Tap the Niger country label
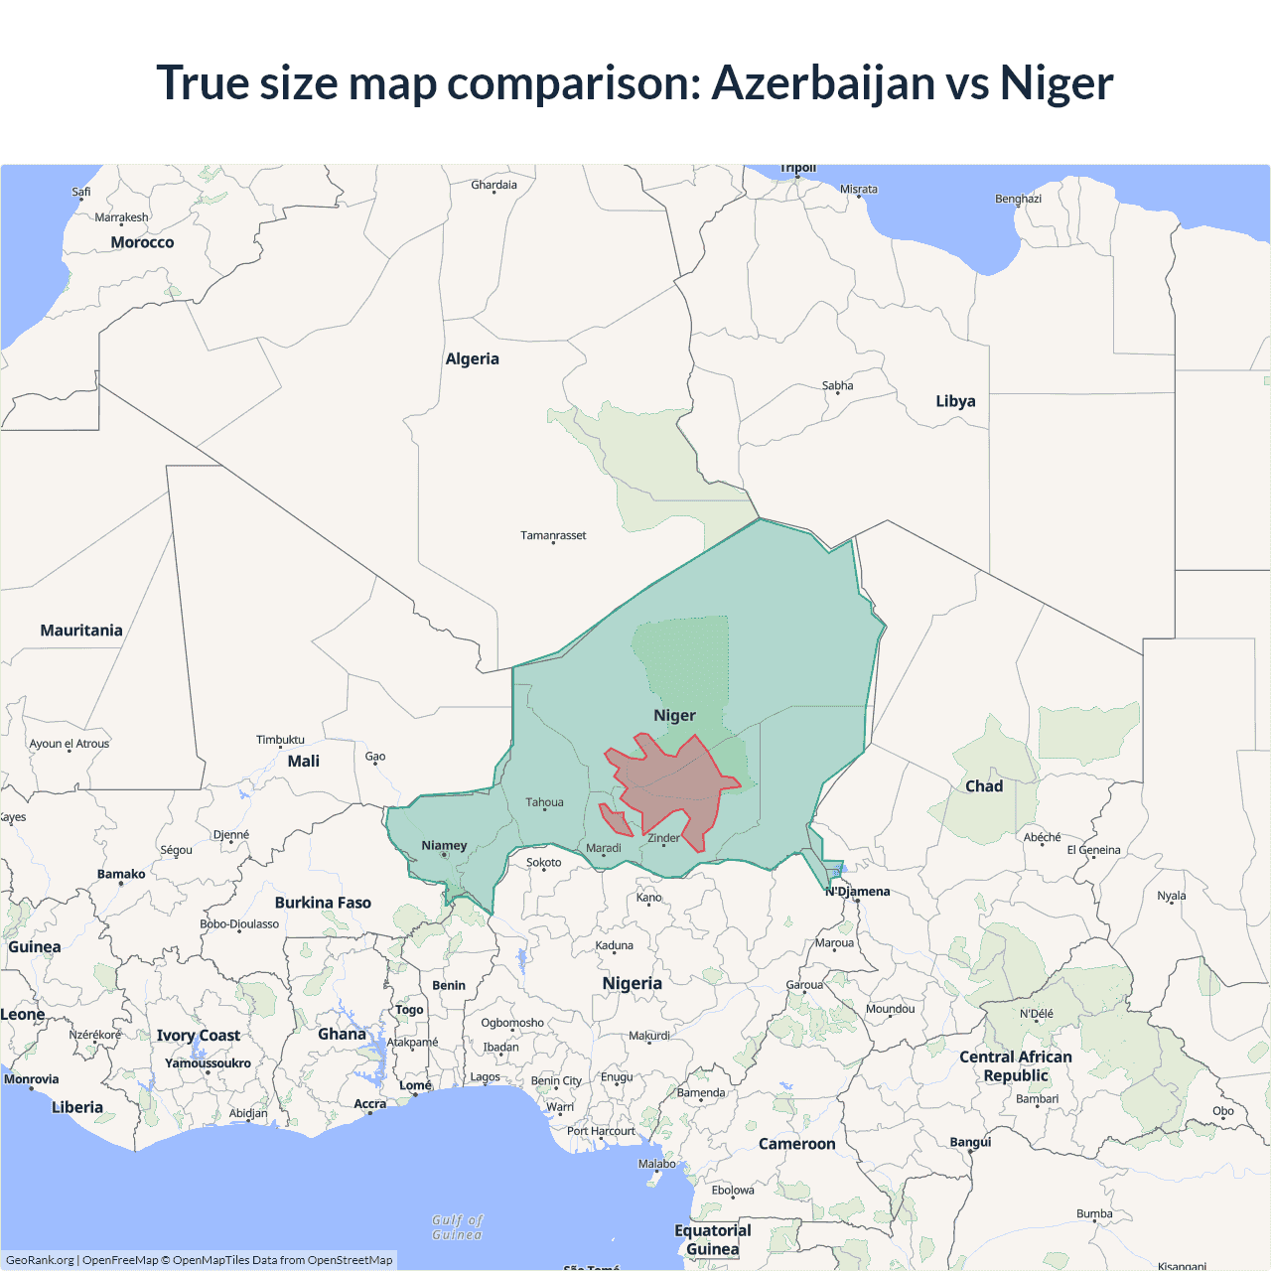pyautogui.click(x=674, y=715)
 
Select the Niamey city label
pyautogui.click(x=444, y=846)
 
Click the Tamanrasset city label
pyautogui.click(x=553, y=535)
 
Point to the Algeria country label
pyautogui.click(x=472, y=359)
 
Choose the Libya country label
pyautogui.click(x=955, y=401)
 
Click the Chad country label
pyautogui.click(x=984, y=786)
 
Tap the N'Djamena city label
pyautogui.click(x=858, y=892)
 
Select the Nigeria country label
pyautogui.click(x=632, y=983)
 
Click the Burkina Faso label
pyautogui.click(x=323, y=903)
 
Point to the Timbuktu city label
pyautogui.click(x=280, y=740)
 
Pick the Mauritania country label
pyautogui.click(x=81, y=631)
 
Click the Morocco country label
pyautogui.click(x=142, y=242)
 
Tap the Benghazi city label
pyautogui.click(x=1018, y=199)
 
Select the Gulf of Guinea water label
pyautogui.click(x=458, y=1227)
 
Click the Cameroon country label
pyautogui.click(x=796, y=1144)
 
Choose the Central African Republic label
pyautogui.click(x=1015, y=1066)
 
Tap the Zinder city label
pyautogui.click(x=663, y=838)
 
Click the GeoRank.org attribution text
pyautogui.click(x=40, y=1260)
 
